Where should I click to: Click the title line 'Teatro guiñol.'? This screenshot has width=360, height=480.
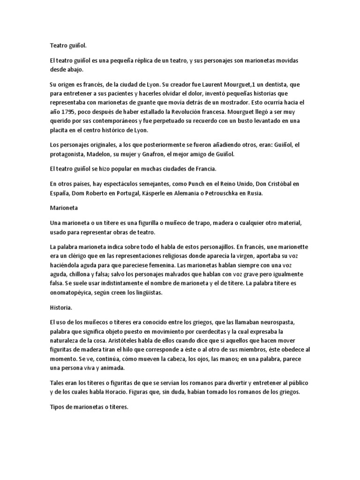68,46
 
